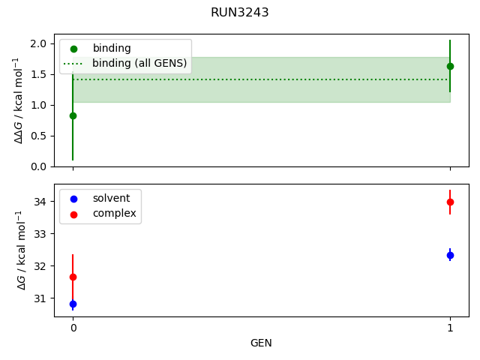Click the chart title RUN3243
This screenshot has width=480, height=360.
pos(240,13)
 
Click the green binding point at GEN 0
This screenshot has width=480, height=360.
pos(73,115)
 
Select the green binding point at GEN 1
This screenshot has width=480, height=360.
pos(450,66)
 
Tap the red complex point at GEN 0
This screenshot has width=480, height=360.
pos(73,277)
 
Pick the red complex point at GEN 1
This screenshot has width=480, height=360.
pos(450,202)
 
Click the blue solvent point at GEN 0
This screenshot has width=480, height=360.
pos(73,304)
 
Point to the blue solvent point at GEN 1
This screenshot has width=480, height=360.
pos(450,255)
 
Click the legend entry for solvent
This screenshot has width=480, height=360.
pos(111,198)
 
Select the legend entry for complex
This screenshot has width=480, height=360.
pos(114,213)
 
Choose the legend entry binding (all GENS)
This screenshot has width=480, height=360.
pos(139,64)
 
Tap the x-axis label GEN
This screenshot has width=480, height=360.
pos(261,343)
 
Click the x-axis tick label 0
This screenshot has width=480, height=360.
pos(73,328)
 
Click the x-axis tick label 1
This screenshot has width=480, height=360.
pos(450,328)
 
